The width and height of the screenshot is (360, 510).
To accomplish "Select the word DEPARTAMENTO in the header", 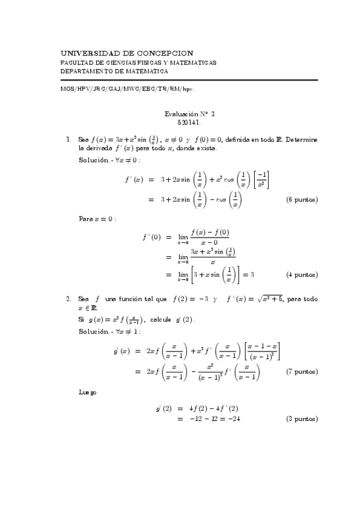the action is tap(87, 71).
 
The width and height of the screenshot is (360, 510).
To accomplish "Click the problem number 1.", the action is tap(68, 140).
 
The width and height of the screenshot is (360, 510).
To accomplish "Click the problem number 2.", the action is tap(68, 298).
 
